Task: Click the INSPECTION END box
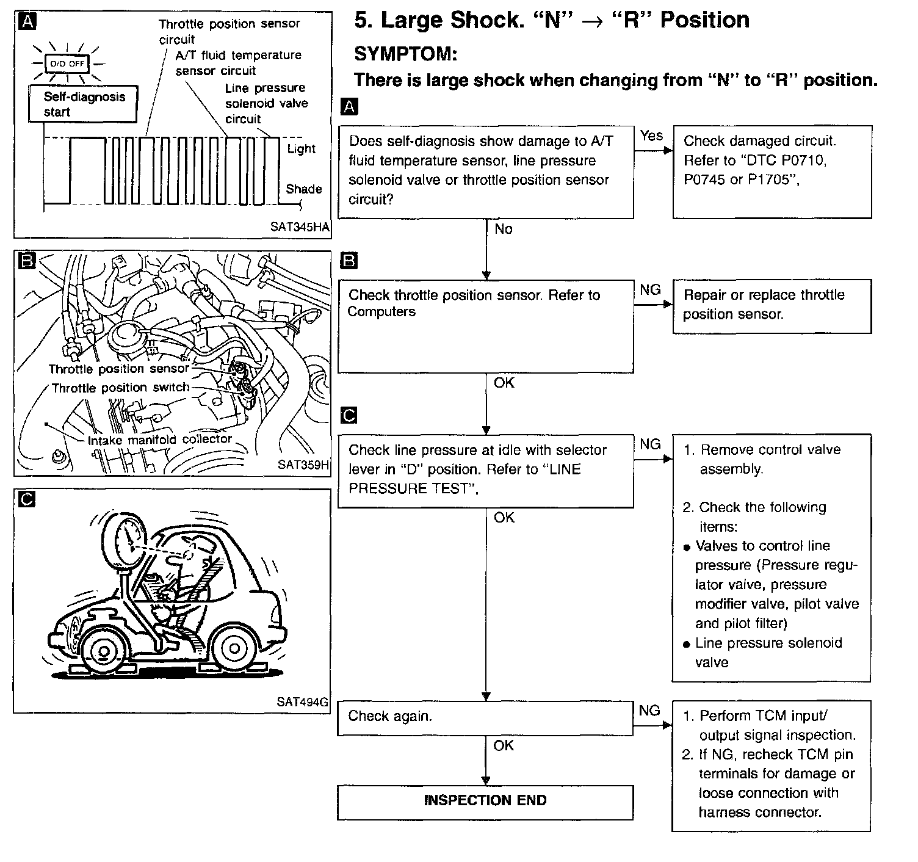click(x=485, y=801)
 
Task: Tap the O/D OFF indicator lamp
click(x=67, y=63)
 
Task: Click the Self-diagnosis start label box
click(x=83, y=104)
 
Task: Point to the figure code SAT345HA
click(x=299, y=227)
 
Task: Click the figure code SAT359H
click(x=303, y=465)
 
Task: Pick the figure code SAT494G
click(x=302, y=702)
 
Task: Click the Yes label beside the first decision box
click(x=651, y=136)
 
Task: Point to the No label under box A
click(x=503, y=230)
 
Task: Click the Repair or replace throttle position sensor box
click(x=772, y=306)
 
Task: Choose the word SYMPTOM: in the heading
click(x=405, y=54)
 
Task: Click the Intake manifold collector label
click(x=159, y=440)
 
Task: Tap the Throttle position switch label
click(x=120, y=388)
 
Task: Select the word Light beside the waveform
click(x=301, y=149)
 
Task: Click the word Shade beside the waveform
click(x=303, y=189)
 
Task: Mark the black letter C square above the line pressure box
click(x=349, y=416)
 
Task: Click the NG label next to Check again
click(x=649, y=711)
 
